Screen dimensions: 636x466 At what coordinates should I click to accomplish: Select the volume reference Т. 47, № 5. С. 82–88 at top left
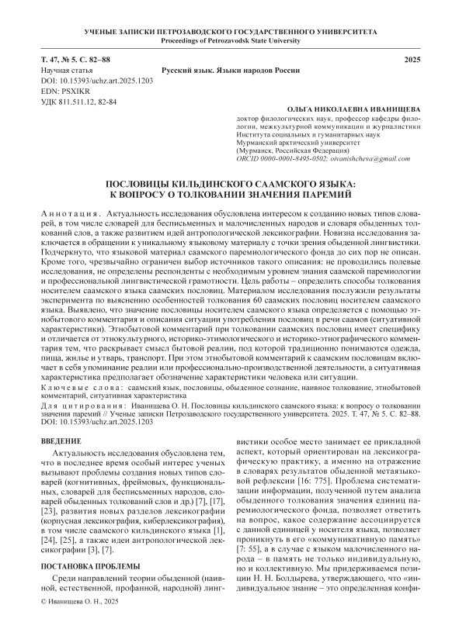(x=75, y=60)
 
